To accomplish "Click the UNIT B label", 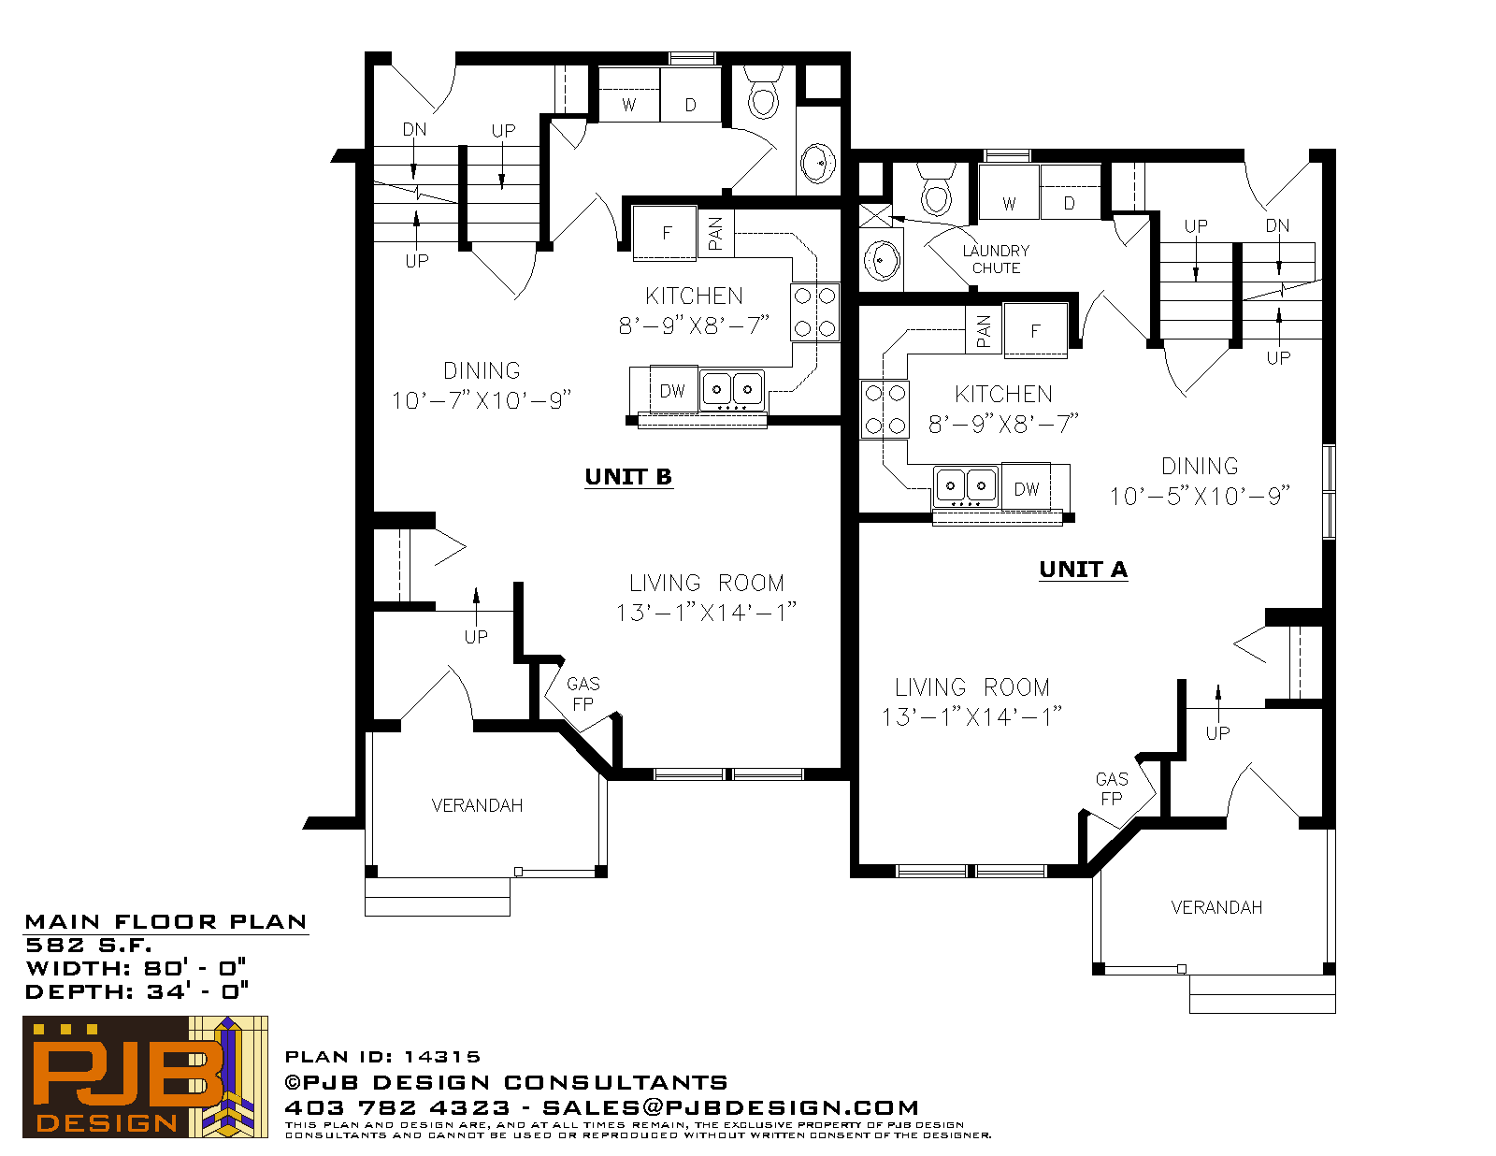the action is coord(628,476).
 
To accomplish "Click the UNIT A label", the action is coord(1083,570).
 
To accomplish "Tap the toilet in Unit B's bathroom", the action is coord(764,93).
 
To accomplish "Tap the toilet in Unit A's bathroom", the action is coord(936,190).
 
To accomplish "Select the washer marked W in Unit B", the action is coord(629,95).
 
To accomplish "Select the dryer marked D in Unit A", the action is coord(1070,193).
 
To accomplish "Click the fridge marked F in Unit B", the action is coord(665,233).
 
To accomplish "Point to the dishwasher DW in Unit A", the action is coord(1027,486).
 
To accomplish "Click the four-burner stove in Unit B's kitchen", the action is coord(814,312).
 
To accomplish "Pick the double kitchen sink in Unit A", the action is coord(965,485).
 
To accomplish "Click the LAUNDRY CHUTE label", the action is coord(996,259).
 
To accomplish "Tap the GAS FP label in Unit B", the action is coord(583,693).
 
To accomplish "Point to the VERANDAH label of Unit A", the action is coord(1216,907).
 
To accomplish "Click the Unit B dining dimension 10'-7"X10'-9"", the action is coord(482,400).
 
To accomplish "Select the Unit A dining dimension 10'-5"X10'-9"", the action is coord(1200,496).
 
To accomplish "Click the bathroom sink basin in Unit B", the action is coord(818,163).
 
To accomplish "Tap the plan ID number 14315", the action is coord(442,1057).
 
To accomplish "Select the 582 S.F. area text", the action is coord(88,946).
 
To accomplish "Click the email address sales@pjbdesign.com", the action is coord(730,1107).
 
